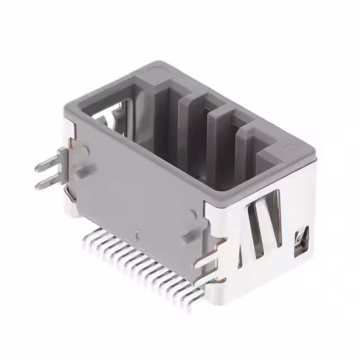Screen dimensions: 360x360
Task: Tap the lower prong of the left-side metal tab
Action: (46, 183)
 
